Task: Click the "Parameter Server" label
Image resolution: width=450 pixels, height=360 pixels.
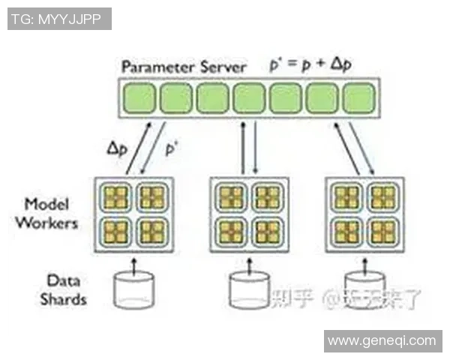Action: pyautogui.click(x=184, y=66)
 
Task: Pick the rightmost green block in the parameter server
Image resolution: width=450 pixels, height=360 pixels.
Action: pyautogui.click(x=358, y=98)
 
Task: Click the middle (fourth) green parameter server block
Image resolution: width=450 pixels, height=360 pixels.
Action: pyautogui.click(x=249, y=98)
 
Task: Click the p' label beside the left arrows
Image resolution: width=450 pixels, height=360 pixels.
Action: pyautogui.click(x=172, y=149)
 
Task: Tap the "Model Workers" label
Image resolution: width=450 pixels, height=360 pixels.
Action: pyautogui.click(x=51, y=214)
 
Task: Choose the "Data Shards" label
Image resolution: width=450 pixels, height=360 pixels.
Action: pyautogui.click(x=63, y=290)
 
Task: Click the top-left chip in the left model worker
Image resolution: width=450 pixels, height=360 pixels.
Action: pyautogui.click(x=116, y=197)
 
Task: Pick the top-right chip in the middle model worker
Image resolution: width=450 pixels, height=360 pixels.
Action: pyautogui.click(x=268, y=197)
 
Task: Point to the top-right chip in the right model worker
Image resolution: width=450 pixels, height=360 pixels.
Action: pyautogui.click(x=383, y=197)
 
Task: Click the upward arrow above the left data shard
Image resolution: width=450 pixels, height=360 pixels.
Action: pyautogui.click(x=134, y=263)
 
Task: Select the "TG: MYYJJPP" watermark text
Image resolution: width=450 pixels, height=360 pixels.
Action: pyautogui.click(x=59, y=18)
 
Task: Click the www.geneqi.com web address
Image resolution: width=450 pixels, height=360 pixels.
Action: pyautogui.click(x=382, y=340)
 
